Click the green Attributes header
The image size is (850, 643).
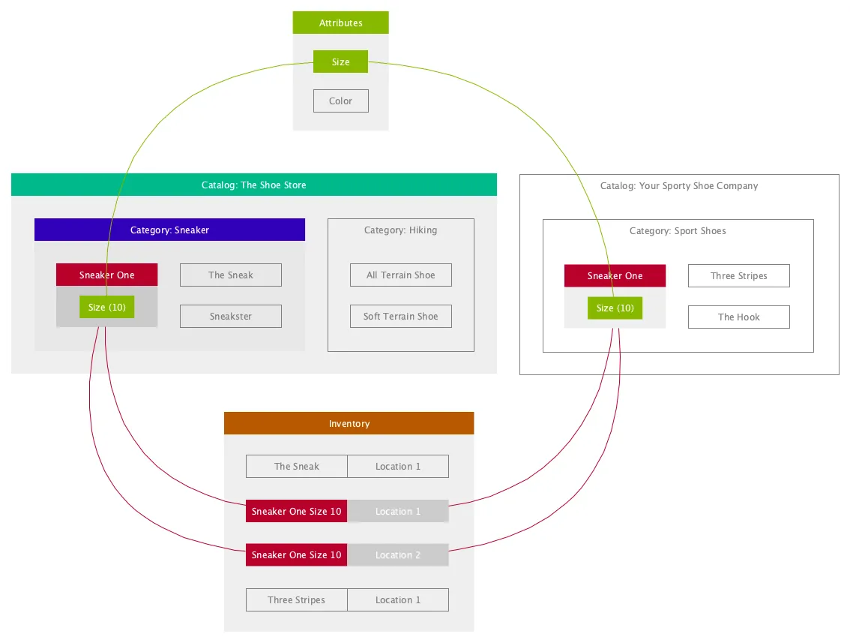click(x=340, y=23)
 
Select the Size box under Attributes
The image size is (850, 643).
click(x=340, y=62)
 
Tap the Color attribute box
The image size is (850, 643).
click(x=340, y=101)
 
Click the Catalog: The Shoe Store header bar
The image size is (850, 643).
click(x=253, y=185)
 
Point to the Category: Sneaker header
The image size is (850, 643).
click(x=169, y=230)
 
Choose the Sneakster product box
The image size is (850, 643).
click(x=230, y=317)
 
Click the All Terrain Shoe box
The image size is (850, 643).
click(x=400, y=275)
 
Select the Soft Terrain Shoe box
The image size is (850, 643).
click(x=400, y=317)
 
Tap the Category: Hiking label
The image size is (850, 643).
click(x=400, y=230)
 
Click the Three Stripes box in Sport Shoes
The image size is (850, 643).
click(x=739, y=275)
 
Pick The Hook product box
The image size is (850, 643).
click(x=739, y=317)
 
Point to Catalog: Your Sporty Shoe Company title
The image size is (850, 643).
click(x=678, y=185)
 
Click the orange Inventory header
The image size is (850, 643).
click(x=349, y=423)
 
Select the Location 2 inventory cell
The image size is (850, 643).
click(x=398, y=555)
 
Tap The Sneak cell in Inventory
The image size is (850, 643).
click(x=297, y=466)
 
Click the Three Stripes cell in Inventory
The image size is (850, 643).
click(x=297, y=599)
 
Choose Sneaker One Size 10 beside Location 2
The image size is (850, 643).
click(x=297, y=555)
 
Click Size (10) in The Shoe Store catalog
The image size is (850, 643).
click(x=106, y=307)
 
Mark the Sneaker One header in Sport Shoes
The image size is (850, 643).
click(x=615, y=275)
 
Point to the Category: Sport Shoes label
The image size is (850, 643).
click(x=678, y=230)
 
